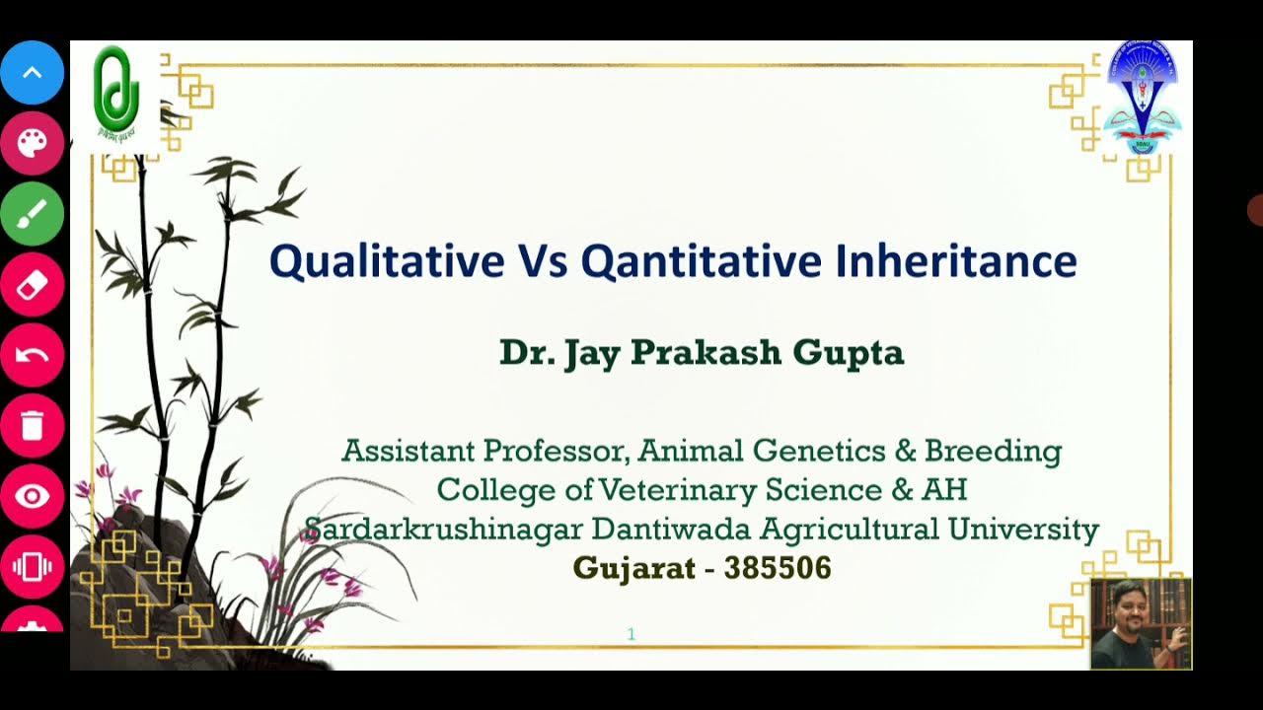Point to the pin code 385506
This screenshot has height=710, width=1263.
[778, 569]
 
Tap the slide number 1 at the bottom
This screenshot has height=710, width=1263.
[631, 634]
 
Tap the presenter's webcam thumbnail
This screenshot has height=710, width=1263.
[1141, 624]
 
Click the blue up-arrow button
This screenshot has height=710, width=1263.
[33, 73]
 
